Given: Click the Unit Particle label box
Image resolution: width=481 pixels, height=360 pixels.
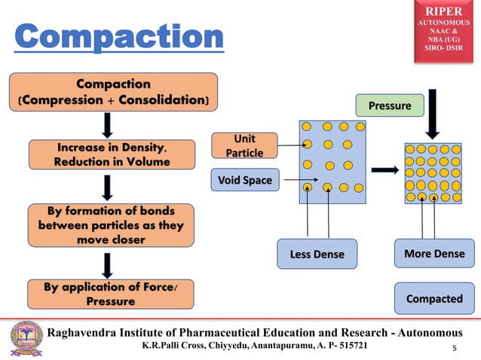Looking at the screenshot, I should point(244,146).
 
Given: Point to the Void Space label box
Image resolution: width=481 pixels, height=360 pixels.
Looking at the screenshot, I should point(244,180).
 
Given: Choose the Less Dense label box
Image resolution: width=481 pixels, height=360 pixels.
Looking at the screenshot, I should point(317,254).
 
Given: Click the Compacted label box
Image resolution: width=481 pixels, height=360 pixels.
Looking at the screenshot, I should point(434,298).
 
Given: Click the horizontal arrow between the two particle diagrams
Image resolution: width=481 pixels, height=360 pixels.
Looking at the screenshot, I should point(384,170).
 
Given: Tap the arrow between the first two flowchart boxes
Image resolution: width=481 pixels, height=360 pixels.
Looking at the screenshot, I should point(109,125).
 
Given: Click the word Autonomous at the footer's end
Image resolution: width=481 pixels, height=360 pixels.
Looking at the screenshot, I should point(427,333).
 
